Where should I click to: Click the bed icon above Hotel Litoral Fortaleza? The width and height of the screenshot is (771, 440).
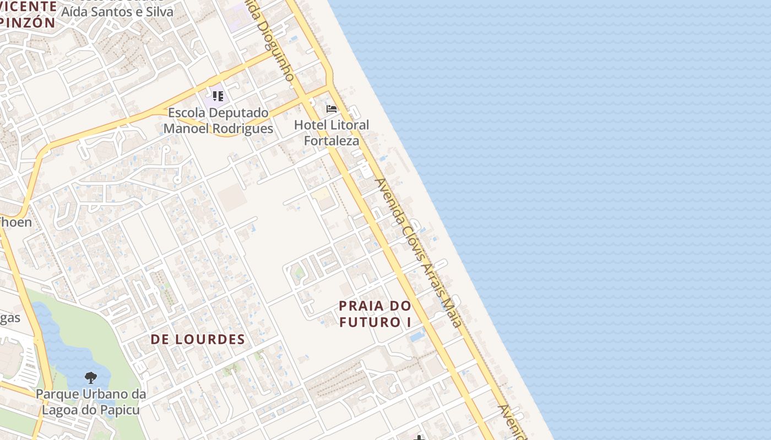click(x=332, y=109)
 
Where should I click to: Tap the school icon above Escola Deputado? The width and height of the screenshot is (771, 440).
click(x=218, y=97)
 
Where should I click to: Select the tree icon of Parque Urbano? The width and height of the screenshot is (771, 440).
click(x=91, y=378)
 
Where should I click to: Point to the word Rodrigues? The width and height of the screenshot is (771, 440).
click(x=243, y=129)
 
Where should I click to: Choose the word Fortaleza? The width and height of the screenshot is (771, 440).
click(x=332, y=141)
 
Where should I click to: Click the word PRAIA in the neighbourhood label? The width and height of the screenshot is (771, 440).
click(x=362, y=306)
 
